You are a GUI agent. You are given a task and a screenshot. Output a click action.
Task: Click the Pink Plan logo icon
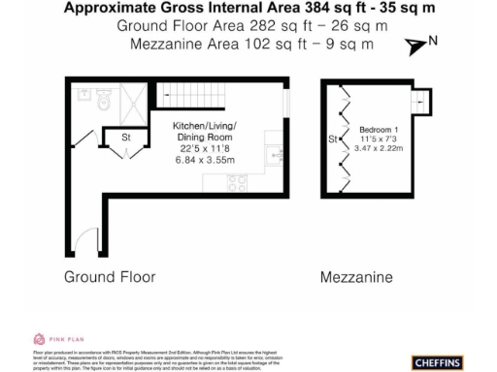point(39,338)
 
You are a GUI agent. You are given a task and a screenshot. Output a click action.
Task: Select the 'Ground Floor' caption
point(110,277)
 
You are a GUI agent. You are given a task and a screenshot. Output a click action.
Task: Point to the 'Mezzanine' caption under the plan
point(356,277)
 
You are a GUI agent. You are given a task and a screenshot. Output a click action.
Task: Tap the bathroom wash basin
point(82,95)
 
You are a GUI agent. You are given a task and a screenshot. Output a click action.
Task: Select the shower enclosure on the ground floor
point(135,101)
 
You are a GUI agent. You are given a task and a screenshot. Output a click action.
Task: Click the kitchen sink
point(277,156)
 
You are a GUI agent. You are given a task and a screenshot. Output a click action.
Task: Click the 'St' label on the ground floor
point(126,138)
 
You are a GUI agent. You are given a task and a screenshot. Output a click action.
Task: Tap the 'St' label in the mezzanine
point(333,140)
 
